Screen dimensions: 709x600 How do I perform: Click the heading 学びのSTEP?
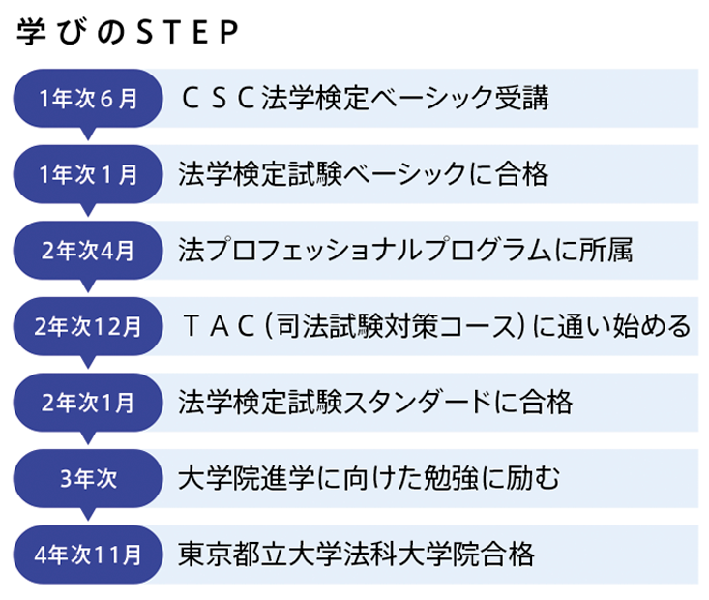pos(128,32)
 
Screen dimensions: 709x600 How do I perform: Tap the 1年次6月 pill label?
pos(88,98)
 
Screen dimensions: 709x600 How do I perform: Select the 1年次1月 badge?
pos(88,174)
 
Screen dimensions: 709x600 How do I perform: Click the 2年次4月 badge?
pos(88,251)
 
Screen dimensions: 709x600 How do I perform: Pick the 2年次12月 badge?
pos(88,326)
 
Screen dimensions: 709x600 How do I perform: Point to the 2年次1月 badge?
pos(88,403)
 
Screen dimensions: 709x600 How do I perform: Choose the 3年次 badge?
pos(88,478)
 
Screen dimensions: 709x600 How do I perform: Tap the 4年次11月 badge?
pos(88,555)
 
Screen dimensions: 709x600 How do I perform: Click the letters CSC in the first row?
pos(218,98)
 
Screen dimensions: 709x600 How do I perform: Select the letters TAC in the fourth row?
pos(219,326)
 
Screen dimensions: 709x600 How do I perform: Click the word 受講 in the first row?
pos(522,98)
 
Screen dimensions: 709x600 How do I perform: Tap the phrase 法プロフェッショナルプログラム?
pos(365,250)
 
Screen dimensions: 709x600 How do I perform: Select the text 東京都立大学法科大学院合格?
pos(356,554)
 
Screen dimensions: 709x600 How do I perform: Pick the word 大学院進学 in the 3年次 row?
pos(247,478)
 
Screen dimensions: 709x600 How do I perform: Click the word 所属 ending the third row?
pos(606,250)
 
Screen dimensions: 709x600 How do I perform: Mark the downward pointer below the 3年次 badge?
pos(88,514)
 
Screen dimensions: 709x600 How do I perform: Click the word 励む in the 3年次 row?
pos(533,478)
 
